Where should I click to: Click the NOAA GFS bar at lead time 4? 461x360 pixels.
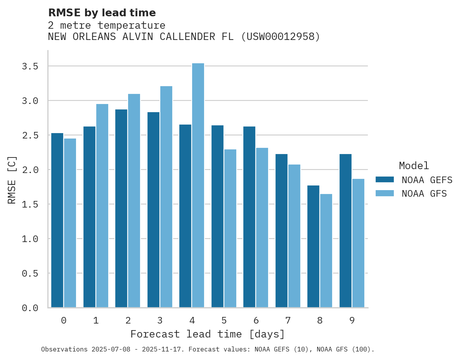[x=198, y=185]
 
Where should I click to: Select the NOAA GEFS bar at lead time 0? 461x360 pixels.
[x=57, y=220]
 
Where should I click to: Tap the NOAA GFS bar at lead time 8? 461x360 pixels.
[x=326, y=251]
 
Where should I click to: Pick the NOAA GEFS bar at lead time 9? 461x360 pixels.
[x=345, y=231]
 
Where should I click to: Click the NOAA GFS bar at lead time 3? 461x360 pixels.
[x=166, y=197]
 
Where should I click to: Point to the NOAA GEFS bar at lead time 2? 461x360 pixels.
[x=121, y=208]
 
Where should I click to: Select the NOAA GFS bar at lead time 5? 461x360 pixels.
[x=230, y=228]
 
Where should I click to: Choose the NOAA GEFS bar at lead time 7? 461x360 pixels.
[x=281, y=231]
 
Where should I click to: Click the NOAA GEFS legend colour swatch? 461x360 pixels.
[x=385, y=180]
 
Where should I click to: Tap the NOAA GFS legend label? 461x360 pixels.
[x=424, y=194]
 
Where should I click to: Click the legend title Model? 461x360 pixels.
[x=414, y=166]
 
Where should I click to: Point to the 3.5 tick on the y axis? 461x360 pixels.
[x=30, y=66]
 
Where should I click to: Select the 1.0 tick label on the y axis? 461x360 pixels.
[x=30, y=239]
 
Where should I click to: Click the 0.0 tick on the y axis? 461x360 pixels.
[x=30, y=308]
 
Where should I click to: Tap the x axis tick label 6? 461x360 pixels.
[x=256, y=320]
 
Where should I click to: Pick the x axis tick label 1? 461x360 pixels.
[x=95, y=320]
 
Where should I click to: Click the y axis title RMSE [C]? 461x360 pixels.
[x=12, y=180]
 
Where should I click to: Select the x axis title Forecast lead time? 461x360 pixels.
[x=208, y=334]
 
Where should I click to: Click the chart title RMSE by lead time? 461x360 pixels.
[x=102, y=13]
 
